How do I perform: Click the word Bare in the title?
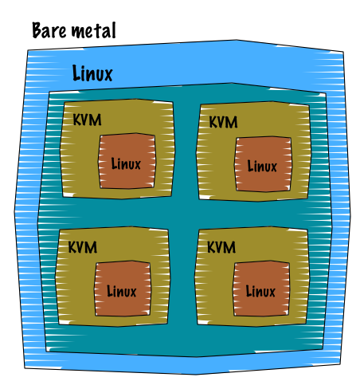49,30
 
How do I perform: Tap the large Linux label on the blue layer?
92,73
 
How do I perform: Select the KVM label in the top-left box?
87,120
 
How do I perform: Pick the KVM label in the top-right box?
223,122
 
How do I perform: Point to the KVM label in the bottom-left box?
83,247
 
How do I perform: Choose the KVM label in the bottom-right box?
221,247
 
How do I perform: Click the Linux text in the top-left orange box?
126,163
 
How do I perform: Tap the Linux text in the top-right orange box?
262,167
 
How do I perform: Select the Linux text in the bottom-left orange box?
121,291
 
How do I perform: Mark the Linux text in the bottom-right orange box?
260,291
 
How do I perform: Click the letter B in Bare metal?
37,30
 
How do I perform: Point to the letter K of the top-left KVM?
77,120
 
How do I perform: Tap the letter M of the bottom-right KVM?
229,247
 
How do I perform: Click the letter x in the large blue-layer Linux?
108,75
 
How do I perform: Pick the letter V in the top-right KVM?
221,122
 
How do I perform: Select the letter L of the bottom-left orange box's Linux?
109,291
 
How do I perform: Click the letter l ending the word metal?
114,30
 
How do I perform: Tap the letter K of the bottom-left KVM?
72,247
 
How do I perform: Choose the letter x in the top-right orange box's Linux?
273,168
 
